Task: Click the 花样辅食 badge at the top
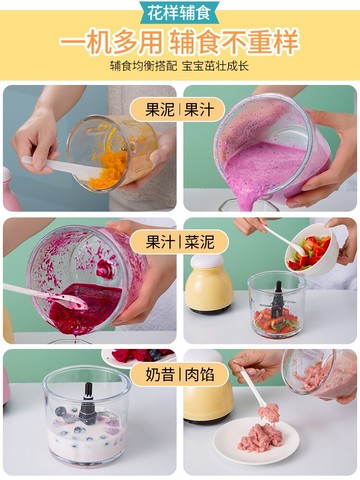coord(180,13)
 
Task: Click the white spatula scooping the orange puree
coord(60,166)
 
